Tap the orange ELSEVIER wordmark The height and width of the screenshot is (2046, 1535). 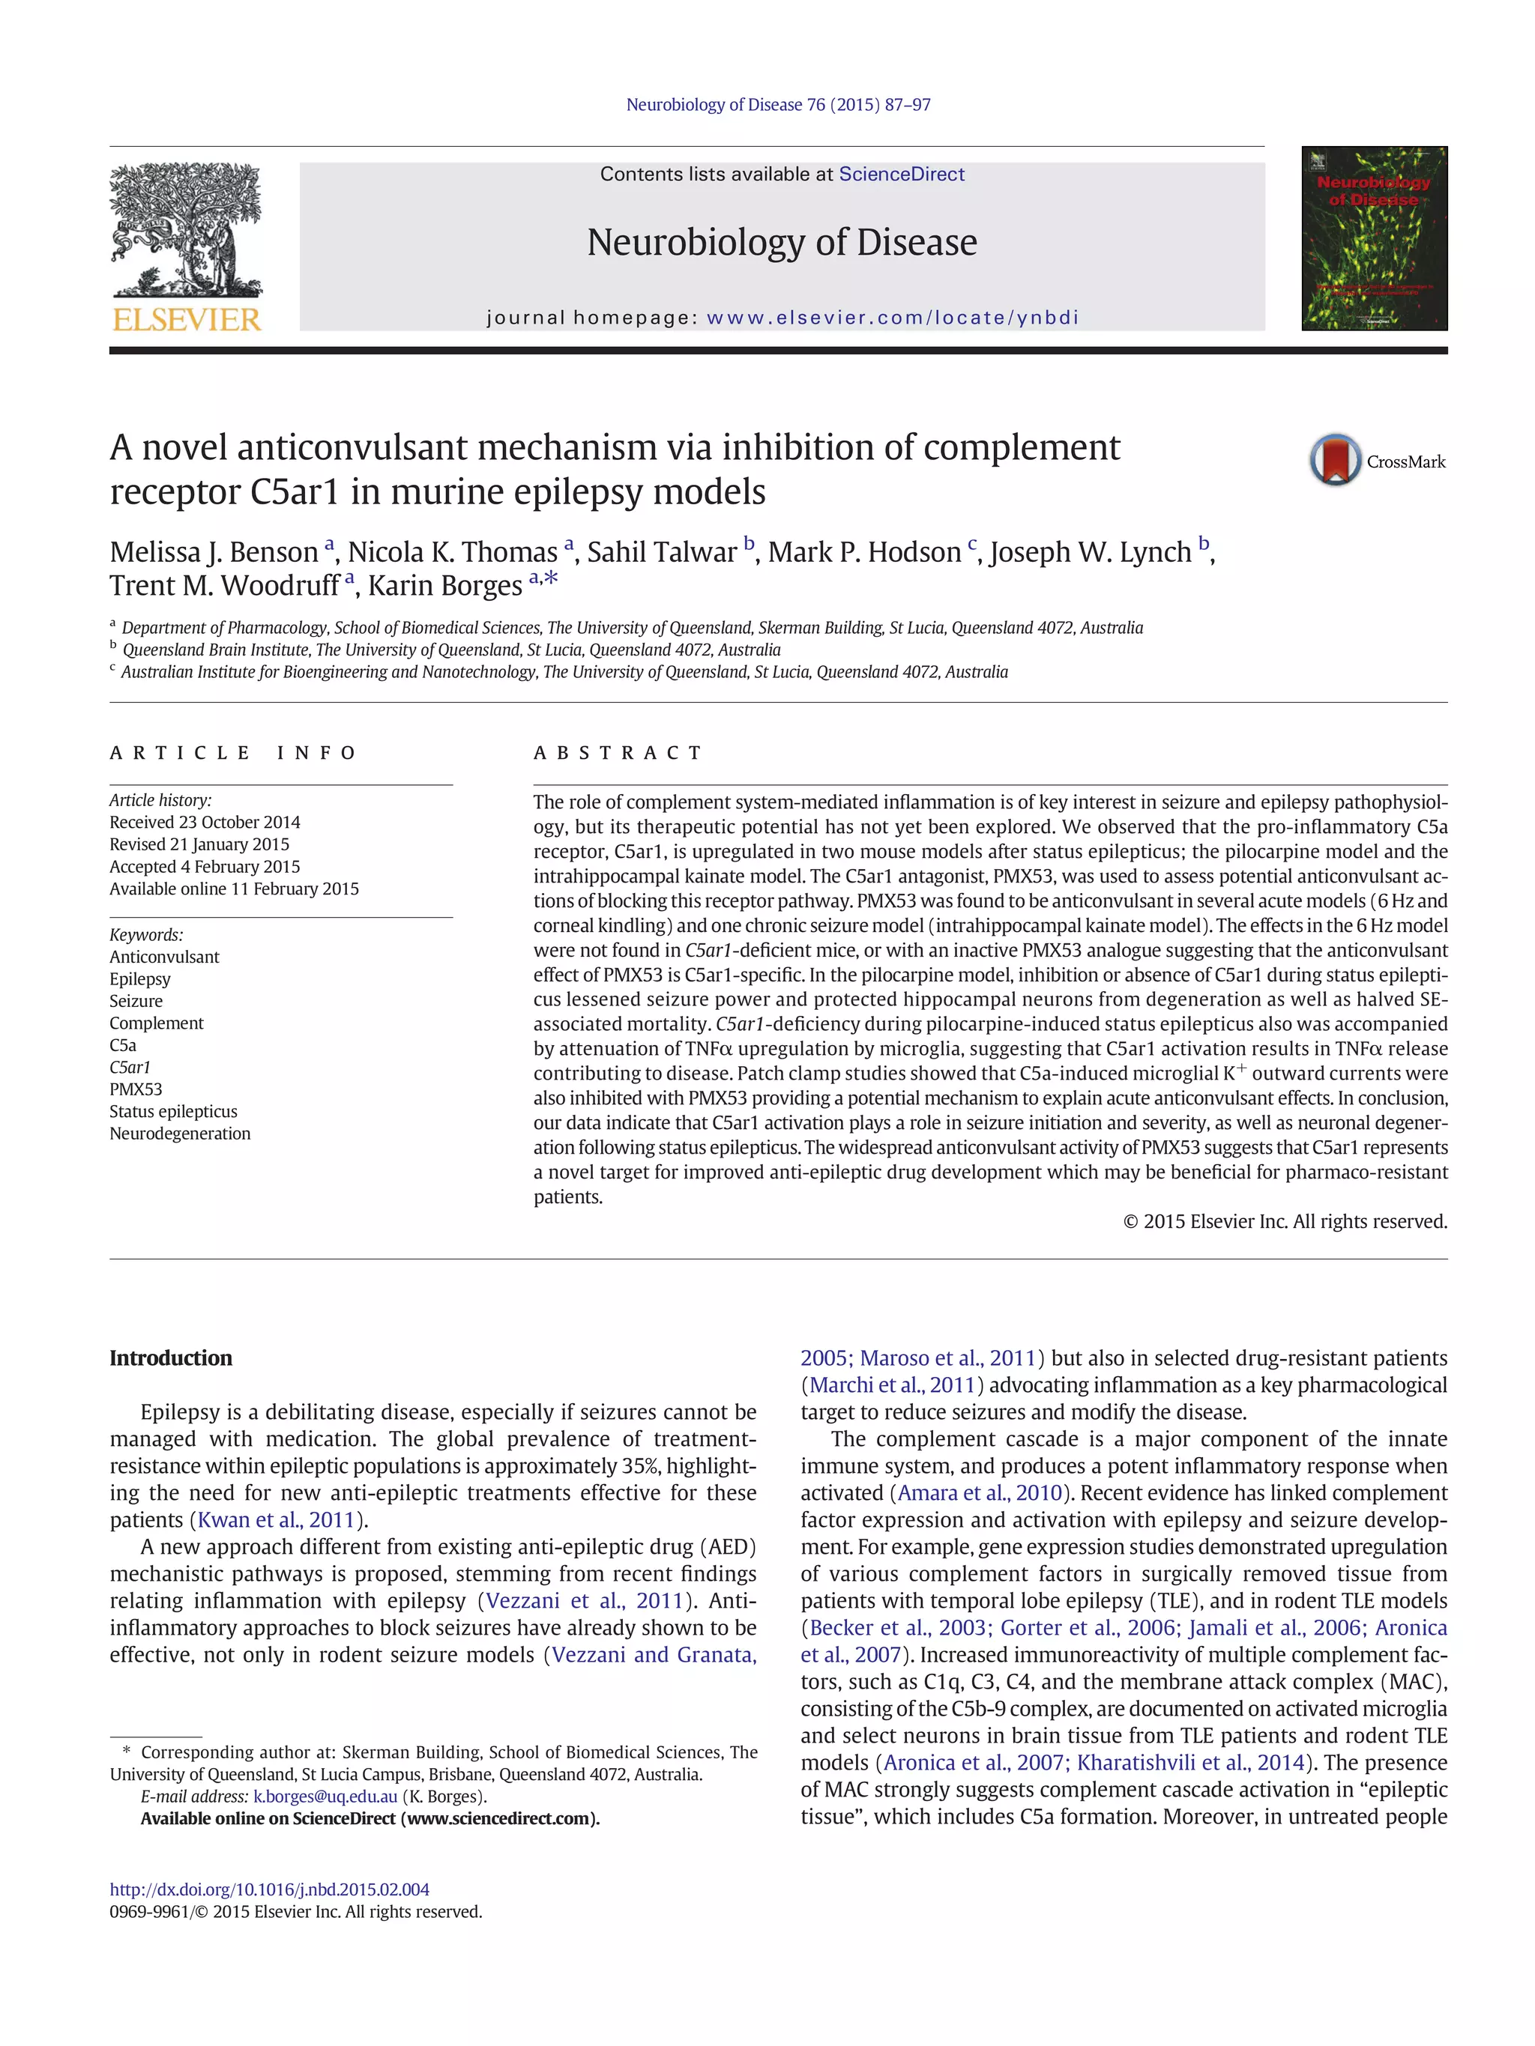pyautogui.click(x=186, y=320)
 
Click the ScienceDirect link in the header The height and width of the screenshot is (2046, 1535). pyautogui.click(x=901, y=174)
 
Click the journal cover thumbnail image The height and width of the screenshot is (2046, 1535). pyautogui.click(x=1374, y=239)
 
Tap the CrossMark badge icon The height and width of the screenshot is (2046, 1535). pyautogui.click(x=1334, y=460)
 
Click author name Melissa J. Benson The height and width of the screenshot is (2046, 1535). pyautogui.click(x=214, y=552)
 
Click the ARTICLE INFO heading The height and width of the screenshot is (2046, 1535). pyautogui.click(x=232, y=753)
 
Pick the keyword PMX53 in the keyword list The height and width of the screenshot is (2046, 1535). pyautogui.click(x=135, y=1089)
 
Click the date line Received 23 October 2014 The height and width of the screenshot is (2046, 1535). pyautogui.click(x=205, y=823)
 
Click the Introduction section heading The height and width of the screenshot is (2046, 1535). pyautogui.click(x=171, y=1358)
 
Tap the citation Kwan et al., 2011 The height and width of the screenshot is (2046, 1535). pyautogui.click(x=277, y=1519)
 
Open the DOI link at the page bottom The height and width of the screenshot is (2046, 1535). pyautogui.click(x=269, y=1889)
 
